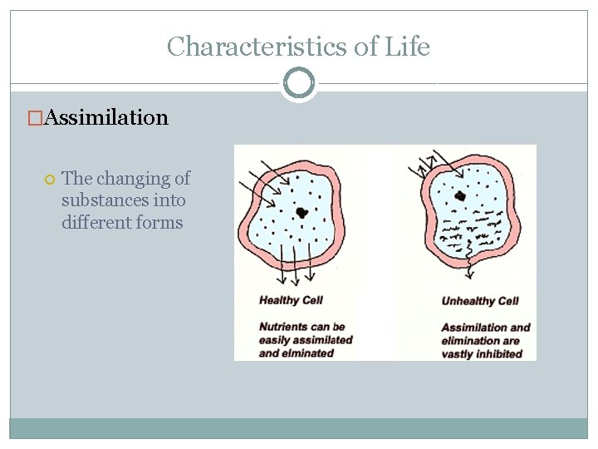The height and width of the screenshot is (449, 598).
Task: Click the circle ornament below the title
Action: [x=299, y=82]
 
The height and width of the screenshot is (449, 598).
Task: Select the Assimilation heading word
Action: [x=106, y=117]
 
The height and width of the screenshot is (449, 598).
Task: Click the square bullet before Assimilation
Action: [x=35, y=118]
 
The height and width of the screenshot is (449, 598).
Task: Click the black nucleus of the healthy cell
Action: [x=302, y=212]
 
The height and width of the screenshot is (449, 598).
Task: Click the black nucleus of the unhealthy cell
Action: [x=459, y=196]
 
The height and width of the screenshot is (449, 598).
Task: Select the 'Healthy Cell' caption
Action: [x=291, y=300]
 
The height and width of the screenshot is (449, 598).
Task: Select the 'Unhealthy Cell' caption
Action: [x=480, y=301]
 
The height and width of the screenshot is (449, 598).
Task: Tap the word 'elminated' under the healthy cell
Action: [x=307, y=353]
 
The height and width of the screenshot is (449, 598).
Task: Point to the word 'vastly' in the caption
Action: [x=457, y=353]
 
